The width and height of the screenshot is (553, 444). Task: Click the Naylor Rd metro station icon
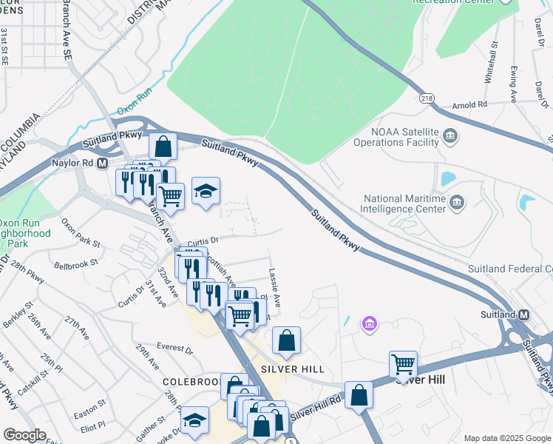[102, 162]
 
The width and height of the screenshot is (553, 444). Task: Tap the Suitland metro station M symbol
[523, 314]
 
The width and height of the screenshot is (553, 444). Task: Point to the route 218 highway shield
[427, 98]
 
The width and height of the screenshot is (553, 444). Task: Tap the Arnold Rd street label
[471, 104]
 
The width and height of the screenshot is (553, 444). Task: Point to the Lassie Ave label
[274, 289]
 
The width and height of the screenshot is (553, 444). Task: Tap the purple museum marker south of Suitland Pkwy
[369, 323]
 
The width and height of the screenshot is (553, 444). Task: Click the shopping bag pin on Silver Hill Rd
[359, 394]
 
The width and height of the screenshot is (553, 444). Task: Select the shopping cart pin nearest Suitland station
[403, 364]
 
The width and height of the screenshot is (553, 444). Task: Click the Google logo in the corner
[25, 435]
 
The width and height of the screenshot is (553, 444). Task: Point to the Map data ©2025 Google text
[506, 437]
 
